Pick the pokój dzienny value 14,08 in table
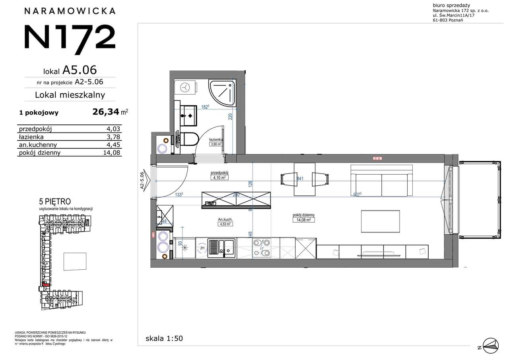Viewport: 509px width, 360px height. click(111, 152)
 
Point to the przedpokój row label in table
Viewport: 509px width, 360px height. click(35, 129)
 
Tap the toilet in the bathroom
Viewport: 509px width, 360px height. click(189, 139)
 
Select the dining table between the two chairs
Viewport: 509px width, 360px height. click(305, 179)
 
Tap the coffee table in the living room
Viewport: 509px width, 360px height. click(380, 221)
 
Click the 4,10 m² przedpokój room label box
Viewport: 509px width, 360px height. click(219, 178)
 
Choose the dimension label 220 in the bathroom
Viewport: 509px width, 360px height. click(230, 117)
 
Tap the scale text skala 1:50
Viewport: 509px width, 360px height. click(164, 339)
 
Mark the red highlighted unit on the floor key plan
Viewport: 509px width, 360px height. click(45, 285)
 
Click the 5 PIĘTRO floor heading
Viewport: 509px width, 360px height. click(55, 202)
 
